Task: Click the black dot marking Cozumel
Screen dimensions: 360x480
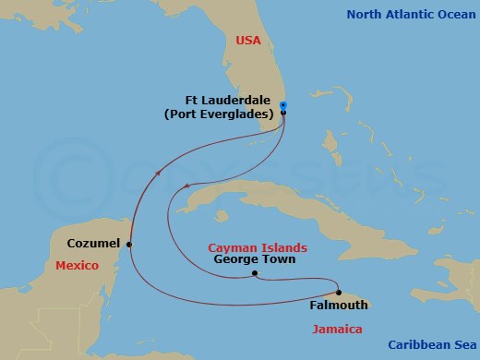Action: point(129,245)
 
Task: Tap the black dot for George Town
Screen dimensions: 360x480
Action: point(254,274)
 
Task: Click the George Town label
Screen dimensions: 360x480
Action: point(254,260)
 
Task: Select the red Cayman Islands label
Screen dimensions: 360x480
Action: point(252,247)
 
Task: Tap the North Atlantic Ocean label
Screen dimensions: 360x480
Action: point(412,14)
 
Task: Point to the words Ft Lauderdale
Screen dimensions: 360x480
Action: point(229,101)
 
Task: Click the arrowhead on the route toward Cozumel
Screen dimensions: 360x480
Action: point(160,173)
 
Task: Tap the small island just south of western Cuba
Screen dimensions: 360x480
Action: point(221,217)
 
